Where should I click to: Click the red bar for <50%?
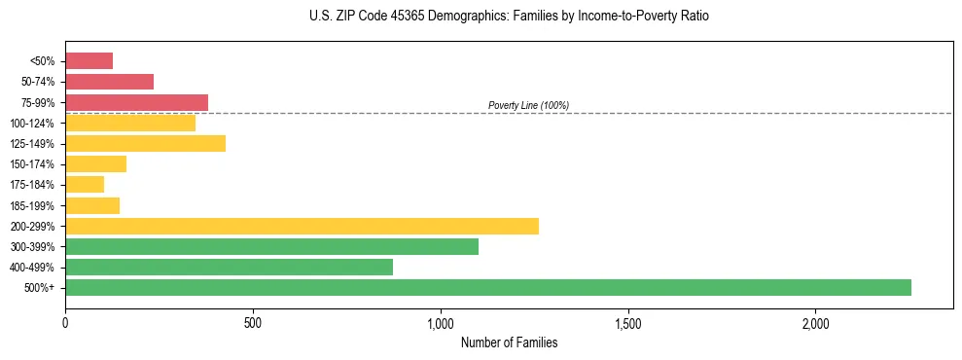(89, 61)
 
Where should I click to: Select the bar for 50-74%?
(109, 82)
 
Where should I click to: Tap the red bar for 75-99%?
(136, 102)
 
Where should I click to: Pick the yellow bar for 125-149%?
(145, 144)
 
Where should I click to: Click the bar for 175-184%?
(85, 185)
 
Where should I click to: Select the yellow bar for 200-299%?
(302, 226)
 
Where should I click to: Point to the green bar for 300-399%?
(271, 247)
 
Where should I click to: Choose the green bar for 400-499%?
(229, 268)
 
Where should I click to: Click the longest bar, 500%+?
(487, 288)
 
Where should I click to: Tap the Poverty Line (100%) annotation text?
(528, 105)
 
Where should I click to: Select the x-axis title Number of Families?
(509, 342)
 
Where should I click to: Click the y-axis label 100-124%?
(32, 124)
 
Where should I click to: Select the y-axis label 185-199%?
(32, 206)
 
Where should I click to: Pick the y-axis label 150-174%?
(32, 164)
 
